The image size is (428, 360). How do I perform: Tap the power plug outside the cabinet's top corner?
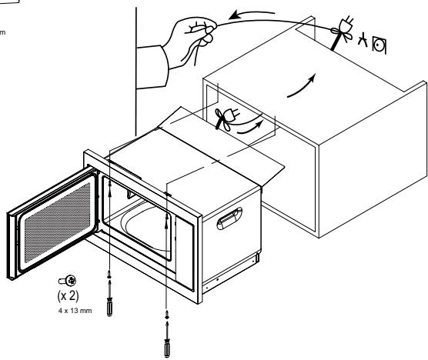click(x=341, y=35)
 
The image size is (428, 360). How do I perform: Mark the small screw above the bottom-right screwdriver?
click(x=166, y=314)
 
